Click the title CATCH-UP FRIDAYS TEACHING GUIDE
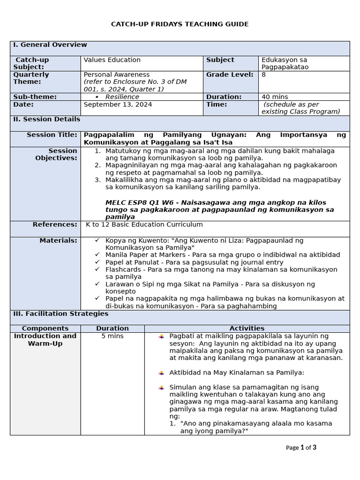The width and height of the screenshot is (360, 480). click(180, 24)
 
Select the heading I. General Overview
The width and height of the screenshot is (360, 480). click(50, 45)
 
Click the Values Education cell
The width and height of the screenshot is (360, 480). click(112, 60)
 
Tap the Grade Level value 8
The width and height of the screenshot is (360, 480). click(264, 75)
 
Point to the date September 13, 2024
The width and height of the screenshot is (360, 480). click(118, 105)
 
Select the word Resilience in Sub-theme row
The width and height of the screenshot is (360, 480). click(122, 97)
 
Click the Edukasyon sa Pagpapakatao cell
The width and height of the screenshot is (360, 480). click(285, 63)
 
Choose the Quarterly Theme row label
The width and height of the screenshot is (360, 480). click(31, 78)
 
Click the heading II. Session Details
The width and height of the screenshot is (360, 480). click(46, 120)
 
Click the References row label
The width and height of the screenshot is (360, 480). click(55, 225)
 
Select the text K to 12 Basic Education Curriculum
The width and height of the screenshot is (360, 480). click(144, 225)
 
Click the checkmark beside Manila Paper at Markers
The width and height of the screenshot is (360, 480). click(97, 255)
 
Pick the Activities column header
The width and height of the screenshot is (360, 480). click(247, 328)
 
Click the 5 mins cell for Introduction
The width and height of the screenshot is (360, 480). click(112, 336)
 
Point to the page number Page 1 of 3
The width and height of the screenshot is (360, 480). click(301, 447)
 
